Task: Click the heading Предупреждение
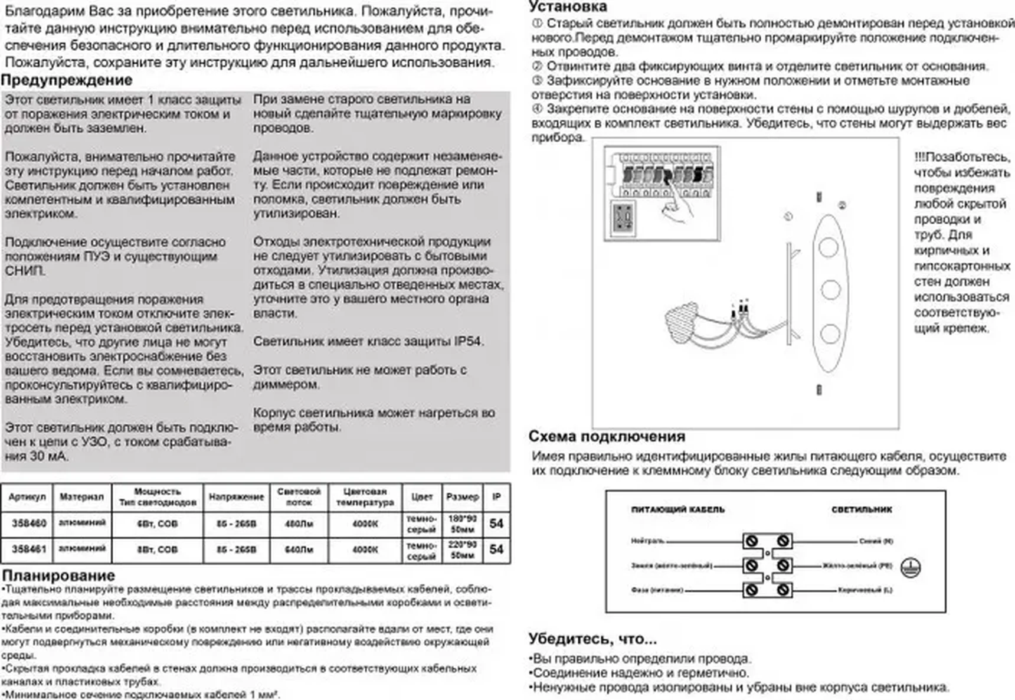tap(67, 80)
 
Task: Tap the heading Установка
tap(568, 6)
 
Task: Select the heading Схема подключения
tap(607, 436)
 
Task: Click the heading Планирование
tap(58, 575)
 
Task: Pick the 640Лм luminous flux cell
tap(299, 549)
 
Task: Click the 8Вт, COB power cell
tap(157, 549)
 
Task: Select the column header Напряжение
tap(236, 497)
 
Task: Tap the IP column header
tap(496, 497)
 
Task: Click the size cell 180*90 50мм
tap(463, 524)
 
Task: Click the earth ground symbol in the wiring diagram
tap(911, 568)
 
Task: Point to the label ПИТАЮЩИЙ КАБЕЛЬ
tap(677, 509)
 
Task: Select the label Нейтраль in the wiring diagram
tap(647, 541)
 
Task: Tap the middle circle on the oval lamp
tap(830, 290)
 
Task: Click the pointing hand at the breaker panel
tap(677, 207)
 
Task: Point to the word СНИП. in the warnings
tap(25, 271)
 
